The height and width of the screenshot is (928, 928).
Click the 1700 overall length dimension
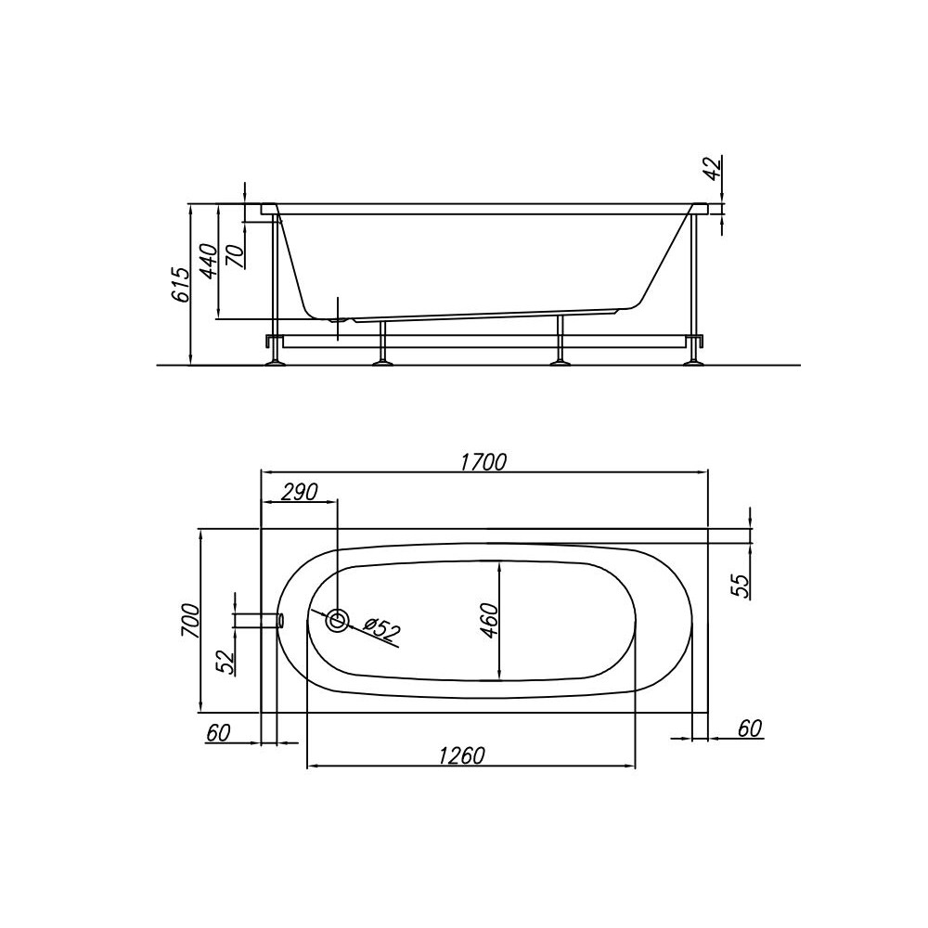[x=483, y=461]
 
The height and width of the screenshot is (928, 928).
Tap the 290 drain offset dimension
[x=299, y=492]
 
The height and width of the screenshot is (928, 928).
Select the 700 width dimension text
[x=190, y=620]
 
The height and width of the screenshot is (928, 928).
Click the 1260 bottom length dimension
[x=461, y=755]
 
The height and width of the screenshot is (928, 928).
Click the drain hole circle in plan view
[x=338, y=621]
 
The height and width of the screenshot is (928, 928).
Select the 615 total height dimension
[x=181, y=285]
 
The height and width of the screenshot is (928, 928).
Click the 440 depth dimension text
[x=208, y=261]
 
